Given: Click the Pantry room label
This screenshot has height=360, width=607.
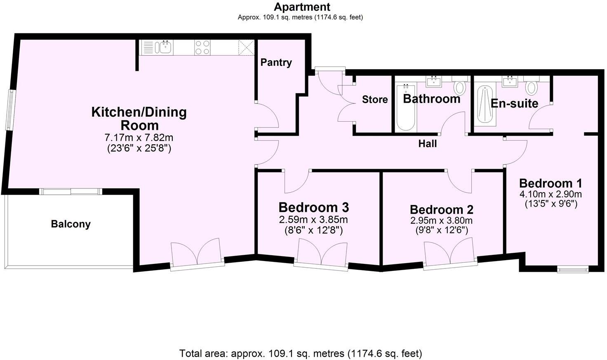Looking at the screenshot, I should coord(276,63).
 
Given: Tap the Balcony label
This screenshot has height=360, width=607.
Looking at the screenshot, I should coord(71,224).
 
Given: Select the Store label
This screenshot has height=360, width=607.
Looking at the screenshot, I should coord(374,99).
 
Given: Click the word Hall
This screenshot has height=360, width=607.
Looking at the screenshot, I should coord(427,144).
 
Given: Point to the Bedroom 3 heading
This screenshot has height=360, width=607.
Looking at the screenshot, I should coord(314,207).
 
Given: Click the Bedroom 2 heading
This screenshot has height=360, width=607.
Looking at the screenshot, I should coord(441,209).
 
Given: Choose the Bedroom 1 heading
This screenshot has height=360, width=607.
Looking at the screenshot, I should coord(551,183).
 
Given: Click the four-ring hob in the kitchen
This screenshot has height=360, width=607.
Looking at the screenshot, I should coord(202,47).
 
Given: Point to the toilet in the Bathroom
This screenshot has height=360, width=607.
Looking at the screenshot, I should coord(459,87).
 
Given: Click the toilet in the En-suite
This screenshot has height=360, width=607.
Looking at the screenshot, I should coord(532,87).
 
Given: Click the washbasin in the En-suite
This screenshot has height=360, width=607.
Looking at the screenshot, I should coord(510,82).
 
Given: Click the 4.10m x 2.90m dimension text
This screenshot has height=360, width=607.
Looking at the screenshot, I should coord(551,194).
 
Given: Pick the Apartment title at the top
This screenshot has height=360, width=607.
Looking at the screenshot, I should coord(302,7).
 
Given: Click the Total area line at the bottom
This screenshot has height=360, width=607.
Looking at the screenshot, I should coord(301,353).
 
